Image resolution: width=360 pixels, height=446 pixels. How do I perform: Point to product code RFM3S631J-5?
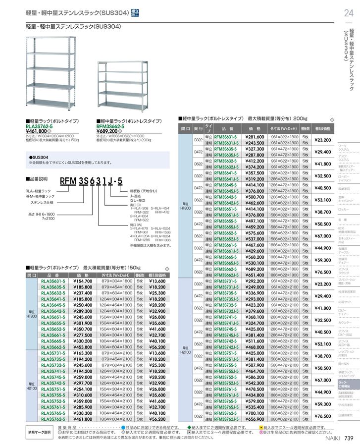coord(227,142)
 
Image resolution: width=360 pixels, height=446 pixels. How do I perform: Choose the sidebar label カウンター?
coord(344,323)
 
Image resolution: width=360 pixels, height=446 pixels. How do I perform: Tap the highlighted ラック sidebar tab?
coord(343,383)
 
